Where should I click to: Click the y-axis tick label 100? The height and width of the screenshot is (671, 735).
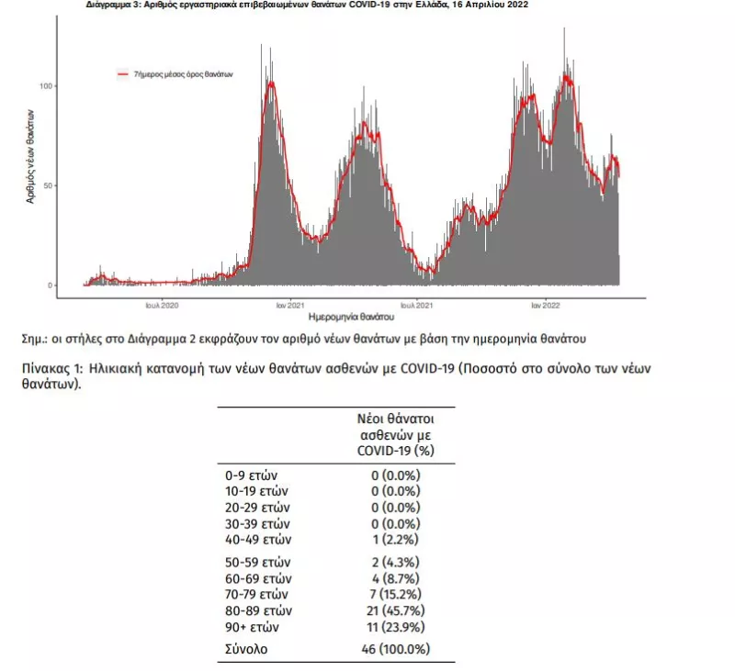[45, 86]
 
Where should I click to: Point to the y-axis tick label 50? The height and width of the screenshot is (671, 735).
[48, 186]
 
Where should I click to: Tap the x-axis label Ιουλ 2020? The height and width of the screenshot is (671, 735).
[162, 306]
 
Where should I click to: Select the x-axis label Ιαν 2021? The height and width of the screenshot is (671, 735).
[290, 306]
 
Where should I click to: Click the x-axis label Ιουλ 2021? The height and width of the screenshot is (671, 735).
[417, 306]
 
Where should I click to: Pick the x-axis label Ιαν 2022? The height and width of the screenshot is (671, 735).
[546, 306]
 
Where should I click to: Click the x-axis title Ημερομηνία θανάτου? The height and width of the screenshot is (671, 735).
[351, 317]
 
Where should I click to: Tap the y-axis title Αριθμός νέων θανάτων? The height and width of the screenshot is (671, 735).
[30, 156]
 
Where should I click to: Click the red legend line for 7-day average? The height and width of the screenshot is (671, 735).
[123, 74]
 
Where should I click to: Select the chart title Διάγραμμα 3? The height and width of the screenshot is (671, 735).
[307, 5]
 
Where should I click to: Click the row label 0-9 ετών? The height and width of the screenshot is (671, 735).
[251, 475]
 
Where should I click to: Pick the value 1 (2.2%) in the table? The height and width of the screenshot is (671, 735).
[396, 540]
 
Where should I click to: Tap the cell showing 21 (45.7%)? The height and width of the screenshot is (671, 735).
[396, 610]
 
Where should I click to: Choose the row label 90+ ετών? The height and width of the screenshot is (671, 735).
[252, 627]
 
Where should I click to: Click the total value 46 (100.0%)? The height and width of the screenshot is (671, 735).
[396, 649]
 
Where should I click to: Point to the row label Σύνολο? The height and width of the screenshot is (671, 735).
[246, 649]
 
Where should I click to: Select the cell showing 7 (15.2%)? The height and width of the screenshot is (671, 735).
[396, 594]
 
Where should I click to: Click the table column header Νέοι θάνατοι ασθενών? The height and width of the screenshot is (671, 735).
[396, 427]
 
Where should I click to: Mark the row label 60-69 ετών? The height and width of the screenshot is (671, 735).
[258, 578]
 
